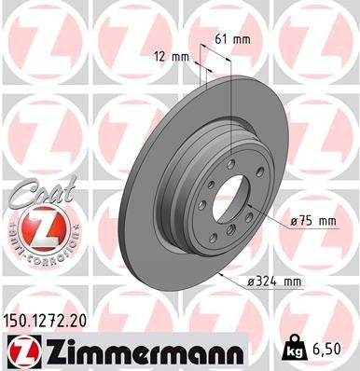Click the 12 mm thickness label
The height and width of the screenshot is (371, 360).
click(x=174, y=57)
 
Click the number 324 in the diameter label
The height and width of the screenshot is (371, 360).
click(x=266, y=281)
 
